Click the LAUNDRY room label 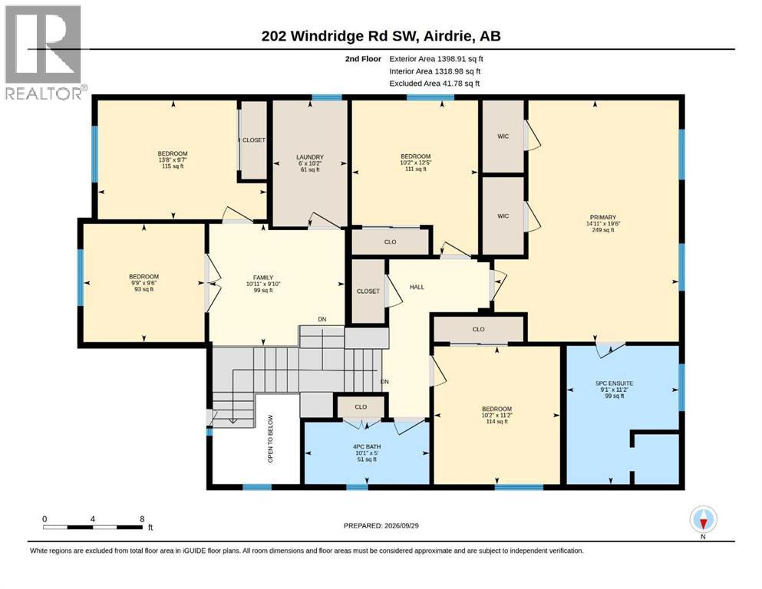(310, 157)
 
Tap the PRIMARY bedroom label (603, 217)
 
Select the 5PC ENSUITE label (614, 383)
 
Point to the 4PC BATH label (367, 446)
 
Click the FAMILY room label (263, 278)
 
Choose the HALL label (417, 287)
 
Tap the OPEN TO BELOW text (271, 439)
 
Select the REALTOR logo (44, 52)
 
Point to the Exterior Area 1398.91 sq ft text (437, 59)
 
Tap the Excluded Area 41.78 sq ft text (434, 84)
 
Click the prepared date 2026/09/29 (401, 525)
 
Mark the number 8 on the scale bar (142, 519)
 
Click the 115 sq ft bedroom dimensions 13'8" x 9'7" (173, 160)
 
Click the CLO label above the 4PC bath (361, 407)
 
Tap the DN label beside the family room (322, 320)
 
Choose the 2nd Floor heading (363, 59)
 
